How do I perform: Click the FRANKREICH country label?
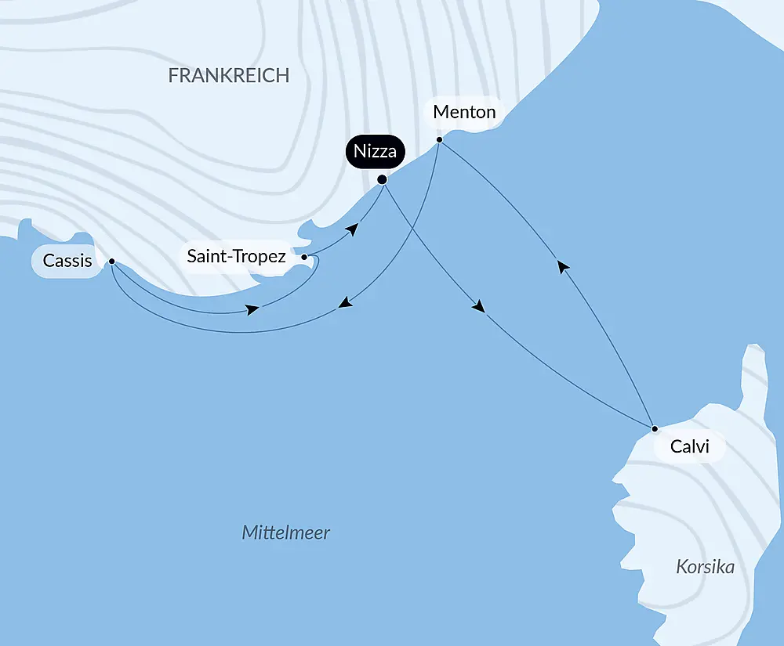coord(229,75)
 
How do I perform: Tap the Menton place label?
coord(464,112)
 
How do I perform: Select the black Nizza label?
coord(375,151)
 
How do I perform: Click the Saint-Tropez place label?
coord(236,256)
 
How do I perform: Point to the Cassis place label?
coord(67,261)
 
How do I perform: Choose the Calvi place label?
coord(690,447)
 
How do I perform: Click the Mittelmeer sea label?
coord(286,533)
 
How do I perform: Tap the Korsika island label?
coord(705,567)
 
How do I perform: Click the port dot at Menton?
coord(440,140)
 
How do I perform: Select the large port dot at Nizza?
coord(383,179)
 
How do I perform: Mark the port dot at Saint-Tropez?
coord(304,256)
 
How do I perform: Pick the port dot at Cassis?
coord(112,262)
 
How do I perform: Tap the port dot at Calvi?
coord(655,428)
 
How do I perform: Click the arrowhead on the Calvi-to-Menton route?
coord(562,267)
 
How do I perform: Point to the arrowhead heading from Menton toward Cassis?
coord(344,304)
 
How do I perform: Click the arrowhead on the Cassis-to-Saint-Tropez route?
coord(252,310)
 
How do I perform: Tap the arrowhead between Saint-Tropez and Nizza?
coord(354,229)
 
